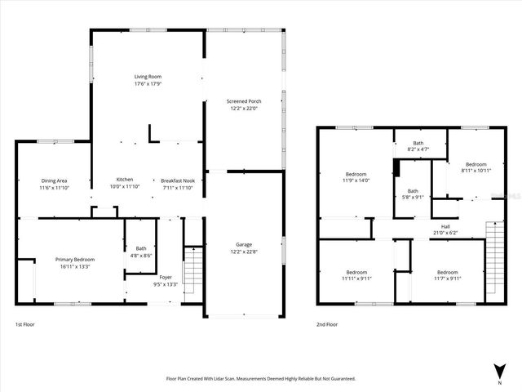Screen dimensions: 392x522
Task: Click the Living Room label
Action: tap(148, 77)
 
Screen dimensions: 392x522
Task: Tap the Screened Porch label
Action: tap(244, 101)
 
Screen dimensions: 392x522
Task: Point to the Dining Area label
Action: tap(54, 180)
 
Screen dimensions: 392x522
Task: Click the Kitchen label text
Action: tap(125, 180)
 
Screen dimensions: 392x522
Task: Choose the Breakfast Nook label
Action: tap(177, 180)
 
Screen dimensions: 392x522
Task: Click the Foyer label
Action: tap(166, 278)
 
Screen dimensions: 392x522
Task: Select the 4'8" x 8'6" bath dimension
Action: tap(141, 256)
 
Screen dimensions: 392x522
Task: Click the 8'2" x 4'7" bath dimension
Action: tap(418, 149)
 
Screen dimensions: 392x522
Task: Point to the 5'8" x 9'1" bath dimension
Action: tap(413, 196)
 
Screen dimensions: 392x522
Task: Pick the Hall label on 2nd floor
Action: tap(445, 226)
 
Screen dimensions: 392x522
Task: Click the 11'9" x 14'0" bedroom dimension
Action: tap(356, 180)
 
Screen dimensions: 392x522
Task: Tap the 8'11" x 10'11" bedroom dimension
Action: tap(465, 170)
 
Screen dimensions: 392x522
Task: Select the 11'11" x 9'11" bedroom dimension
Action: tap(356, 278)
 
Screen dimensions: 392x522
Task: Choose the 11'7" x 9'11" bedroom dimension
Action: tap(447, 278)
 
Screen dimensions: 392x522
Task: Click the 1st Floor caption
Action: tap(24, 324)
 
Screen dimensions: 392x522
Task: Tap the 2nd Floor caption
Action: tap(327, 324)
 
